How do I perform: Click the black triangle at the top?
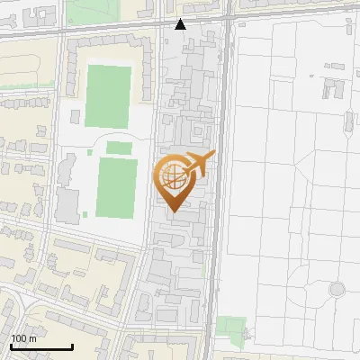[x=181, y=24]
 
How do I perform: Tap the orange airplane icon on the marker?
[x=199, y=164]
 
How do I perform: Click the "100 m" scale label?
[x=22, y=337]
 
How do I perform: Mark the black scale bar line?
[x=41, y=346]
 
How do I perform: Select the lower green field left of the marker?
[x=116, y=187]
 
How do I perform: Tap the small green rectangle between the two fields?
[x=119, y=148]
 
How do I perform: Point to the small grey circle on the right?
[x=337, y=290]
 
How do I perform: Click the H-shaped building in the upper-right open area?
[x=334, y=88]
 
